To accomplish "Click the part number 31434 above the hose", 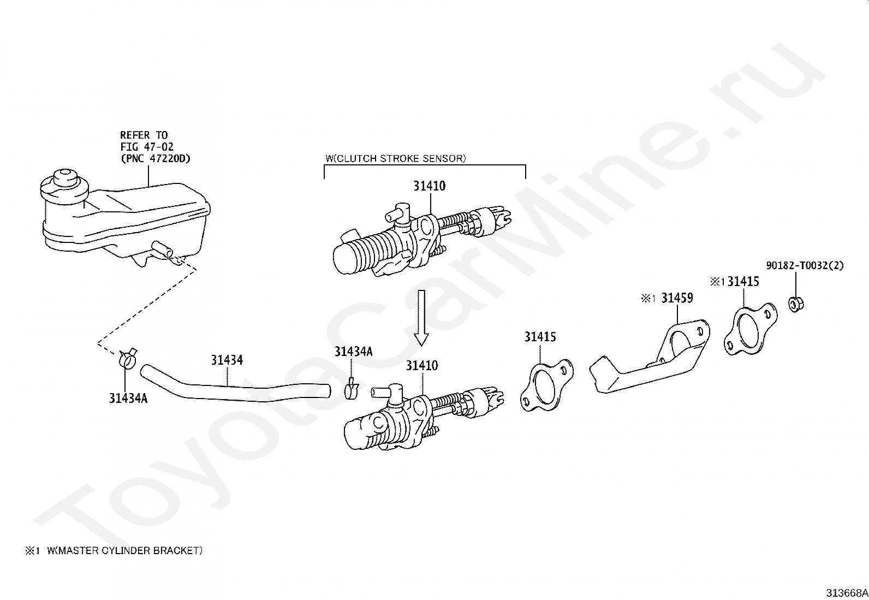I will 227,360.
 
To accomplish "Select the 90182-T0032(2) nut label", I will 805,266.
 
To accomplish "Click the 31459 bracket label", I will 677,298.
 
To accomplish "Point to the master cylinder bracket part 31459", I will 650,360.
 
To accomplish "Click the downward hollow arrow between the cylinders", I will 421,317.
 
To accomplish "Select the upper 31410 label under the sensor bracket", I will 429,186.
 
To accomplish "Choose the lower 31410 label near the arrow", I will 421,366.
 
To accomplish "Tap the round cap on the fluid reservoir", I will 64,180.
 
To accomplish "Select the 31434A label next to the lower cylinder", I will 353,352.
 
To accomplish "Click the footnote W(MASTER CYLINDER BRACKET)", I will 124,551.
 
